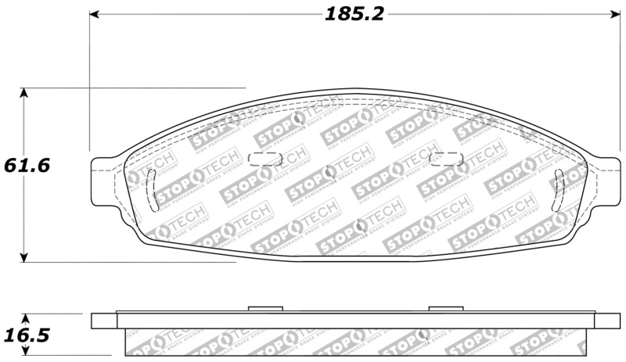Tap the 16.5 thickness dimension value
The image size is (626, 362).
(27, 335)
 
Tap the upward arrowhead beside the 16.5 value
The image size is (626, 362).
(25, 319)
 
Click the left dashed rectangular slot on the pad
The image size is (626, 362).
(264, 159)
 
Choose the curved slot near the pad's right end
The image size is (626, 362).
(557, 189)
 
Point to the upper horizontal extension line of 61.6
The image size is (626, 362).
(156, 88)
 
